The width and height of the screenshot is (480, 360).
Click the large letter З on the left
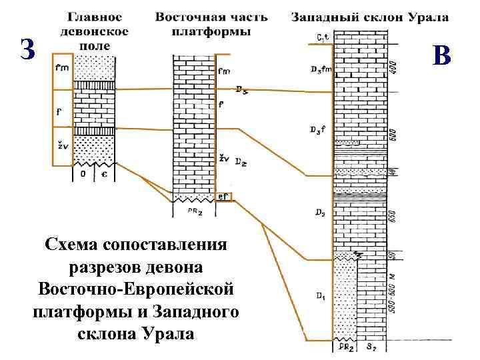coord(27,50)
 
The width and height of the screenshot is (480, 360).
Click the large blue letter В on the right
coord(441,56)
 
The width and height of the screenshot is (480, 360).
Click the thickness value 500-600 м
coord(392,295)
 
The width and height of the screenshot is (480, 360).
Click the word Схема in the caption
coord(71,245)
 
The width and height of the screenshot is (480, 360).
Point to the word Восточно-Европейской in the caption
coord(135,289)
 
